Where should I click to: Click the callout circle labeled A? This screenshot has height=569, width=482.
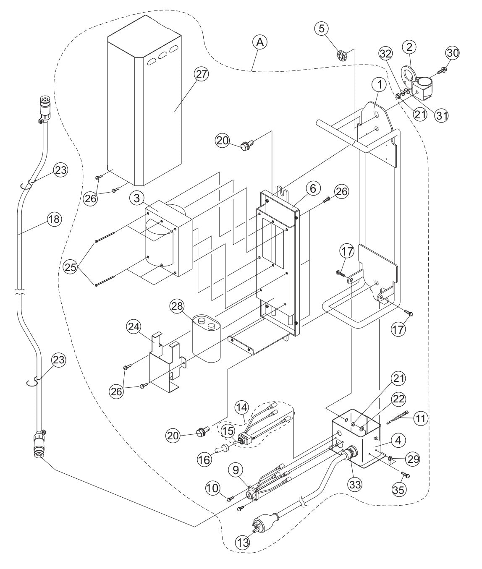click(x=260, y=42)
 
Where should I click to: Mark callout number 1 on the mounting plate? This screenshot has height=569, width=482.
click(x=379, y=84)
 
